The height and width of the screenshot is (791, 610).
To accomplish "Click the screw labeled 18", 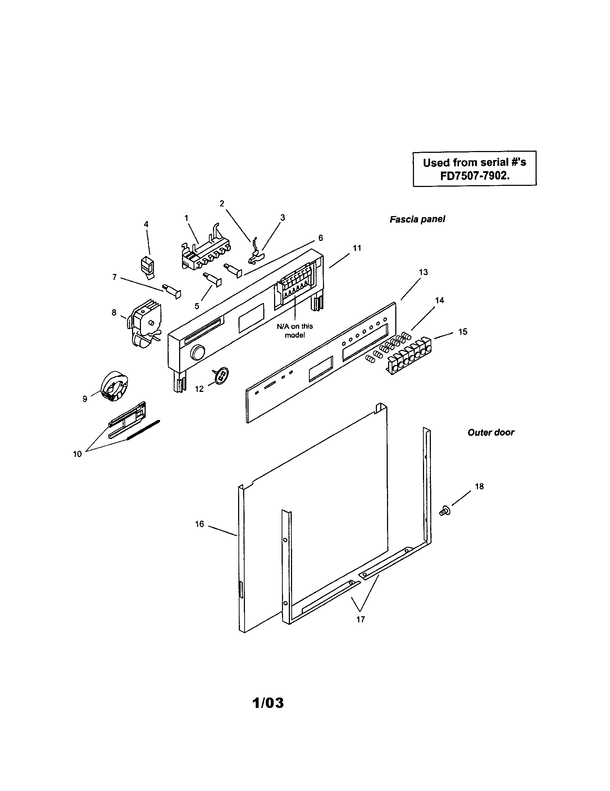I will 445,511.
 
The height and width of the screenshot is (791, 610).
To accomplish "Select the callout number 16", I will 200,524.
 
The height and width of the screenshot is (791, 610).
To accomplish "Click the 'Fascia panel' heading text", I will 417,219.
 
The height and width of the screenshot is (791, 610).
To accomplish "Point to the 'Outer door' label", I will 491,433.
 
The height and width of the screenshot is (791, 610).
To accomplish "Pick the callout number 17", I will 360,620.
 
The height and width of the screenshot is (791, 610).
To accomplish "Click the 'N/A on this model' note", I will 295,330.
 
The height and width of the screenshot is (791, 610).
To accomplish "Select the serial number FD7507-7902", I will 474,175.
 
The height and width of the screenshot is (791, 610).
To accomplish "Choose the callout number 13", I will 423,272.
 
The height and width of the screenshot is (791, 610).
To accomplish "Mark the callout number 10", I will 78,454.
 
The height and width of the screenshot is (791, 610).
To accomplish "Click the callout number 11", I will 357,248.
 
